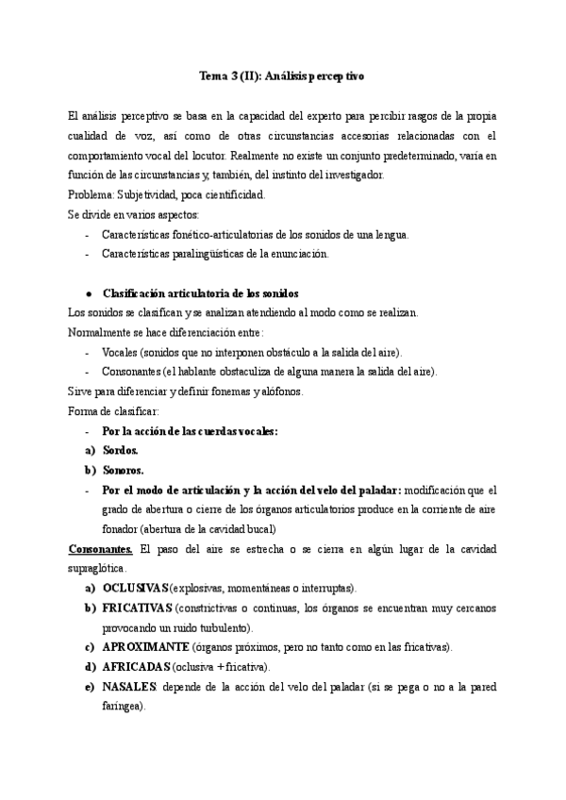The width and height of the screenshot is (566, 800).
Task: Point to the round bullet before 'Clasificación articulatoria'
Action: pyautogui.click(x=88, y=293)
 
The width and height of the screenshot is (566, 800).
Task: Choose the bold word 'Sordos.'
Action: pyautogui.click(x=122, y=451)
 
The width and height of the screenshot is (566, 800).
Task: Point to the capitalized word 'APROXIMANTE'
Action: pyautogui.click(x=146, y=647)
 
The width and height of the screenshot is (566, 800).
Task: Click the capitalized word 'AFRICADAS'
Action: pyautogui.click(x=136, y=667)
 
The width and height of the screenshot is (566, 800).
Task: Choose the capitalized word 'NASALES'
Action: pyautogui.click(x=129, y=687)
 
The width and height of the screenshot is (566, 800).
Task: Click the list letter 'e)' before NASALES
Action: pyautogui.click(x=91, y=687)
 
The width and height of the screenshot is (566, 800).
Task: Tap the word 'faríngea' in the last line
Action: pyautogui.click(x=124, y=707)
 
